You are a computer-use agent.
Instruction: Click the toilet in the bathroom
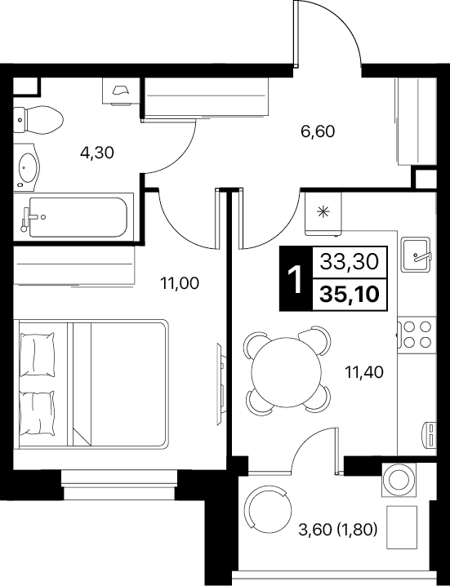tap(38, 120)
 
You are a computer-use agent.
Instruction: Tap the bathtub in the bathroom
tap(78, 217)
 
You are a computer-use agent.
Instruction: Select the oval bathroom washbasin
tap(29, 167)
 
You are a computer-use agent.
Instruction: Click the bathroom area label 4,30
tap(97, 153)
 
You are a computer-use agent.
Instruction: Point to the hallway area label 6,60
tap(318, 131)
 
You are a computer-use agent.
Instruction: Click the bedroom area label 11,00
tap(180, 283)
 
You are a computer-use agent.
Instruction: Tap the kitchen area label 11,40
tap(364, 372)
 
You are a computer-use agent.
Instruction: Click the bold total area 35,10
tap(350, 295)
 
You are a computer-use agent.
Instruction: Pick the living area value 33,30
tap(350, 262)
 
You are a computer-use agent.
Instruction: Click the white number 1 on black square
tap(296, 279)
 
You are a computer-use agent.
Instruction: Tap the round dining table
tap(287, 372)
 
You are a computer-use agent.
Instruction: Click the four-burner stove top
tap(417, 335)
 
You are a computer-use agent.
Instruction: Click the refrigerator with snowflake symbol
tap(323, 213)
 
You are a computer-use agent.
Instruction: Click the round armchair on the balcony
tap(267, 509)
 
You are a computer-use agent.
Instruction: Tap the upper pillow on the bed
tap(37, 354)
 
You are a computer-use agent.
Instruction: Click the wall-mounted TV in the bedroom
tap(221, 384)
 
